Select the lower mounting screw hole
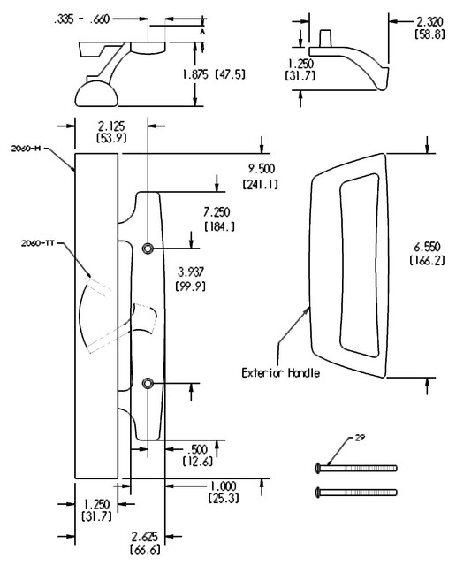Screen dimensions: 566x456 click(148, 383)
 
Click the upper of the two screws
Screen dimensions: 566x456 click(355, 468)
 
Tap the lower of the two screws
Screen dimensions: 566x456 click(355, 492)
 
